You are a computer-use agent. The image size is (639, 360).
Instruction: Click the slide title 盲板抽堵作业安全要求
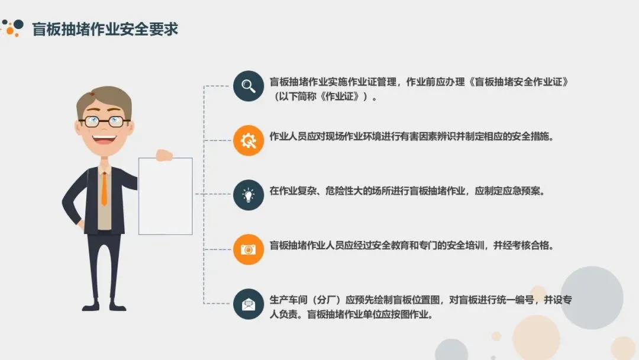coord(105,29)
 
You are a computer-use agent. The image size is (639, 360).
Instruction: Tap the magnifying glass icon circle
coord(248,86)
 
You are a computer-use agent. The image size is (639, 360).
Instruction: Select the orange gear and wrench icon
coord(248,141)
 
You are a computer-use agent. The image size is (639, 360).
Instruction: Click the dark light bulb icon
coord(248,195)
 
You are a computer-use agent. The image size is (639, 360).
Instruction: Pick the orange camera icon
coord(248,249)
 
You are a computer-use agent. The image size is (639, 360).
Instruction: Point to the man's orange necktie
coord(104,188)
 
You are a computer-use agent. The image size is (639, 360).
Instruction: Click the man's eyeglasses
coord(104,121)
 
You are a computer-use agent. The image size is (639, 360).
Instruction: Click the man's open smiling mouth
coord(105,140)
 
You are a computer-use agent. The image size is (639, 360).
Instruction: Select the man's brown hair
coord(104,98)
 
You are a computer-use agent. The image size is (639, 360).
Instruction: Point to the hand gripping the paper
coord(163,155)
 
